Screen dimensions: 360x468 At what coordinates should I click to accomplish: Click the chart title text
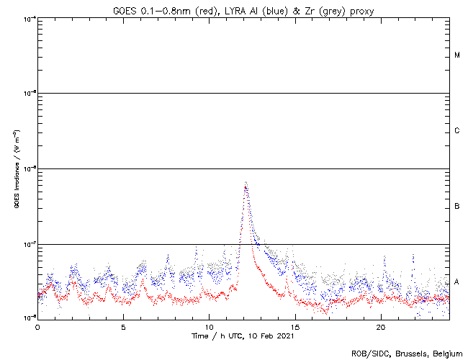[243, 9]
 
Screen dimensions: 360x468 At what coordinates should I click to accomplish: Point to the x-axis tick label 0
[37, 326]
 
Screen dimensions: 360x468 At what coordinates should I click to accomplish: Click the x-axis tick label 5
[123, 326]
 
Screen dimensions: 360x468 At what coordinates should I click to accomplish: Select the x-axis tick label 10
[210, 326]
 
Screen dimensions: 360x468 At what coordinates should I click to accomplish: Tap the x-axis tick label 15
[295, 326]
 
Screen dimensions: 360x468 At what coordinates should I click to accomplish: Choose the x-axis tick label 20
[382, 326]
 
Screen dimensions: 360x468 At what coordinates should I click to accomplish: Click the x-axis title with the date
[243, 336]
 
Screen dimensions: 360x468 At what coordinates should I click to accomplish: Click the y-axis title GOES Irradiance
[16, 168]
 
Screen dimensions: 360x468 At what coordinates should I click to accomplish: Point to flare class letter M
[457, 55]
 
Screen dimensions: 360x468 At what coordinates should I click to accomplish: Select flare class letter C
[457, 131]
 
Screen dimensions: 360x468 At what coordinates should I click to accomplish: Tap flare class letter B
[457, 207]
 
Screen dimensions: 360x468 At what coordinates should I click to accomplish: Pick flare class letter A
[457, 282]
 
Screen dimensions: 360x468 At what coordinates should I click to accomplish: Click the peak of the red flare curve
[246, 187]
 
